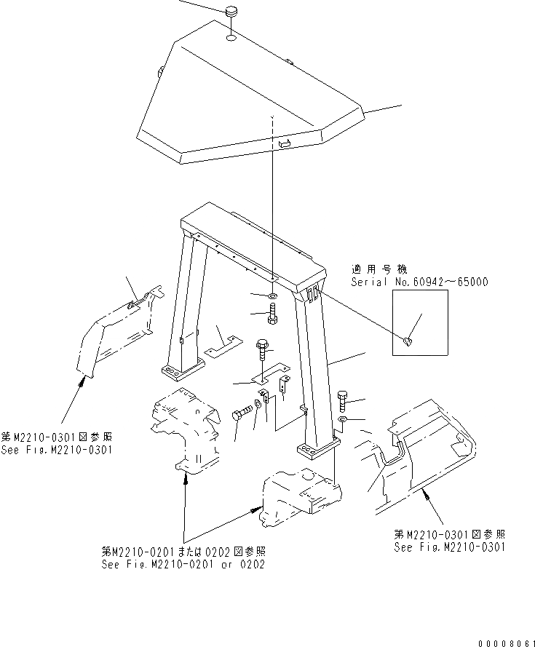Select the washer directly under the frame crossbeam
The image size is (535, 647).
270,296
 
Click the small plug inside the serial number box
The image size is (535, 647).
409,338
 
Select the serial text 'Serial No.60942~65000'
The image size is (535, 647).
419,282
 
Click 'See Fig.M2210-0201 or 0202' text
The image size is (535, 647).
183,564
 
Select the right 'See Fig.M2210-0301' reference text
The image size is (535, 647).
449,547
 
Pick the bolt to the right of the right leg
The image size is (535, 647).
344,399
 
